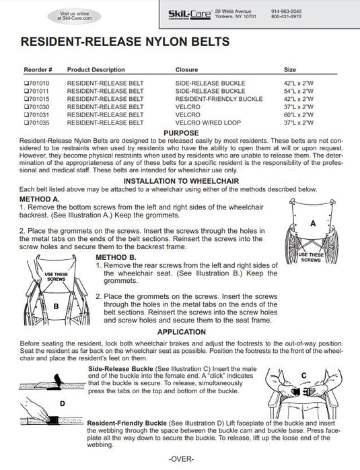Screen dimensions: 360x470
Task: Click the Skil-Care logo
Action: point(189,15)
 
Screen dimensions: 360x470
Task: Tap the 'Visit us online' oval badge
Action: point(74,16)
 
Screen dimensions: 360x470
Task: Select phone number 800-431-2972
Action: point(287,16)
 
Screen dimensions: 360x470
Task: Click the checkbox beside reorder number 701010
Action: point(26,83)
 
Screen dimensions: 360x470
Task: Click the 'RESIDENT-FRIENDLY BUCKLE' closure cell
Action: point(219,99)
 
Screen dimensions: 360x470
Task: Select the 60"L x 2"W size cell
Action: point(299,114)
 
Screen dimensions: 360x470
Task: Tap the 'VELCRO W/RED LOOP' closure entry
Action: point(208,123)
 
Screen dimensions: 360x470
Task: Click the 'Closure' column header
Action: point(186,69)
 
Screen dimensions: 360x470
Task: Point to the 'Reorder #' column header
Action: point(38,69)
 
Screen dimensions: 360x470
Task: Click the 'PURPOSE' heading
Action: point(181,133)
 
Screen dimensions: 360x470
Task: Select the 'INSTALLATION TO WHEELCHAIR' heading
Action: point(181,181)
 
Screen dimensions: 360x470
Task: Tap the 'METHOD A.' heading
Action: point(40,199)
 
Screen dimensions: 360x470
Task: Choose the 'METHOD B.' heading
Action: point(116,257)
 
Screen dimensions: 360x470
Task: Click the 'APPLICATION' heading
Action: point(182,332)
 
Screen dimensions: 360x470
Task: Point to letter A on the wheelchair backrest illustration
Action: point(313,224)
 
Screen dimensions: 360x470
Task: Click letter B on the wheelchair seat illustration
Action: point(56,306)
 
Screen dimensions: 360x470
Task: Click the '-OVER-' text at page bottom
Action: point(181,459)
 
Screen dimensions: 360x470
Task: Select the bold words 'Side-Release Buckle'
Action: point(120,369)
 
